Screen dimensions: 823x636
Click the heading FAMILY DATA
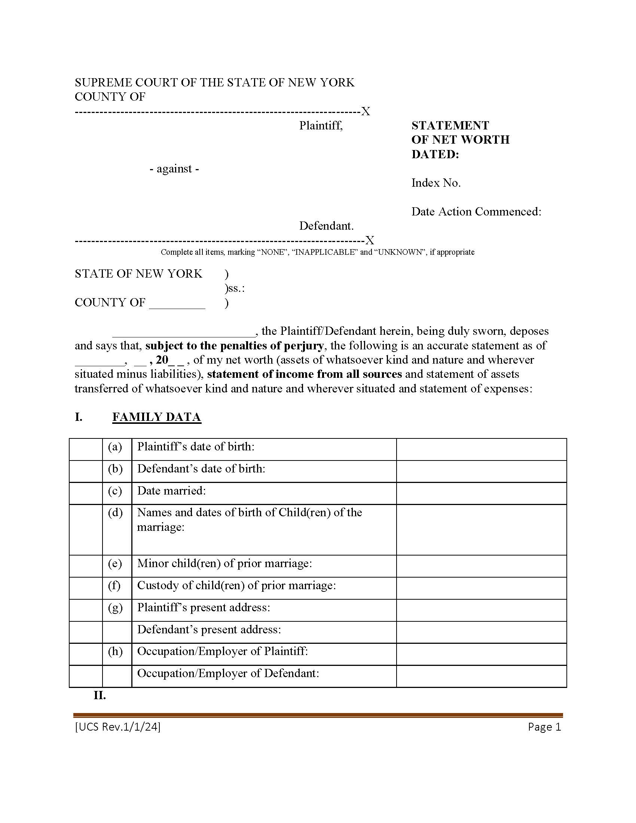click(156, 417)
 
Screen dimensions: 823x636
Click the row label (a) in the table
click(115, 447)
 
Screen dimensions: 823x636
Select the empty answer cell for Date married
click(481, 493)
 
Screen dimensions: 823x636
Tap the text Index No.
click(436, 183)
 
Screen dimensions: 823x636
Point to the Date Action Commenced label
click(476, 211)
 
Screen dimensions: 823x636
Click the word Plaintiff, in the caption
click(321, 125)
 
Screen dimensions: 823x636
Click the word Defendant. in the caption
click(326, 226)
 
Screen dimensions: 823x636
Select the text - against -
click(174, 168)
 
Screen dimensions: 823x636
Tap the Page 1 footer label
click(544, 727)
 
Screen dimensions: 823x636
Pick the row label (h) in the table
click(115, 651)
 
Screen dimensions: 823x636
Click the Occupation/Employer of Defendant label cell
click(228, 673)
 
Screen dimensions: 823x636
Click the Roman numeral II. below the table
click(100, 695)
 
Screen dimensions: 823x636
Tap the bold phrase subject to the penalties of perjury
click(234, 346)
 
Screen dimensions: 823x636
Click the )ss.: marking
click(234, 288)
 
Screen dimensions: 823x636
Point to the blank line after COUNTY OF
click(177, 303)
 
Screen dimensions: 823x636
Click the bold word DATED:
click(435, 154)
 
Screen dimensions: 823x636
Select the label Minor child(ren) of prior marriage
click(224, 563)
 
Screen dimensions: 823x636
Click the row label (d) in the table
click(115, 513)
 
